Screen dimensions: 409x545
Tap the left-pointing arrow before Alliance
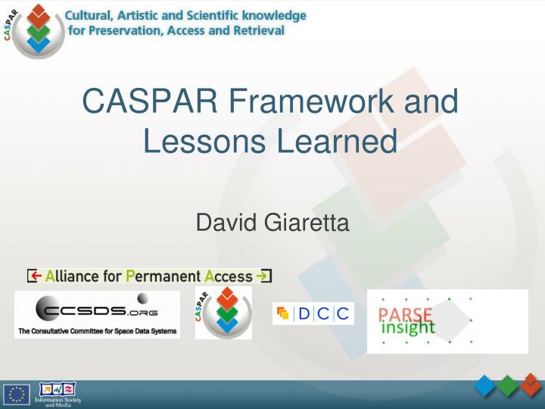coord(34,276)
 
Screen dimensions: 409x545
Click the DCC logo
coord(313,313)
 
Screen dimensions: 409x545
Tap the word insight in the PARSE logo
coord(408,328)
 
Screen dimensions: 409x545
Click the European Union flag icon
coord(17,394)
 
